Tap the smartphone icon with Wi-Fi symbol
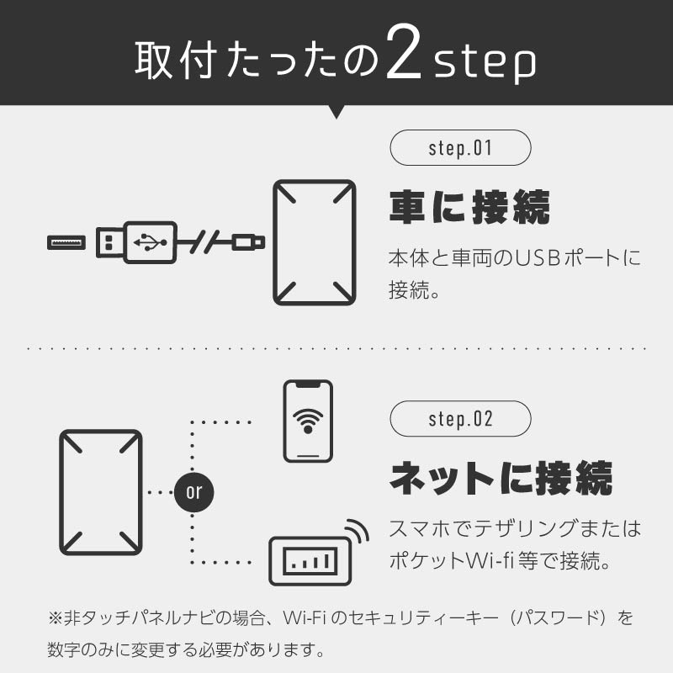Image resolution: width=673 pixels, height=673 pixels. (307, 421)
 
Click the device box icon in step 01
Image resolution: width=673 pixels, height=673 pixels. (314, 242)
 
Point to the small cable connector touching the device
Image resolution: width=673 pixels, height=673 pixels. (250, 242)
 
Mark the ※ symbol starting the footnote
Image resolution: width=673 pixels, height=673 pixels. (56, 618)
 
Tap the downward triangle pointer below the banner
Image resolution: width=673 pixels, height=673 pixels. (336, 111)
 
